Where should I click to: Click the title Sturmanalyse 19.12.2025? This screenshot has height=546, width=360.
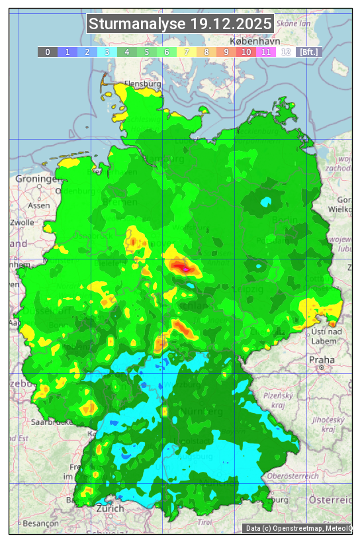pyautogui.click(x=180, y=24)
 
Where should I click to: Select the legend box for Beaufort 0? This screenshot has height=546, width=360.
pyautogui.click(x=48, y=52)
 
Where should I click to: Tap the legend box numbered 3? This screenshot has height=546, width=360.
pyautogui.click(x=107, y=52)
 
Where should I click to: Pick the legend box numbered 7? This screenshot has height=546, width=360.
pyautogui.click(x=187, y=52)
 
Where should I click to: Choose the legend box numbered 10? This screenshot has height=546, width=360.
pyautogui.click(x=246, y=52)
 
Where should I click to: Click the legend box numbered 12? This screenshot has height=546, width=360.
pyautogui.click(x=286, y=52)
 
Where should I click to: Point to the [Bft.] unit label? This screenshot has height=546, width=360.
pyautogui.click(x=308, y=52)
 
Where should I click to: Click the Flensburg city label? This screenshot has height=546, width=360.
pyautogui.click(x=143, y=84)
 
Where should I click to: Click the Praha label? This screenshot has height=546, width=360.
pyautogui.click(x=321, y=359)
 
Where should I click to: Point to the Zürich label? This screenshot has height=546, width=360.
pyautogui.click(x=110, y=508)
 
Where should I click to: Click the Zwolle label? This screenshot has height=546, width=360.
pyautogui.click(x=22, y=222)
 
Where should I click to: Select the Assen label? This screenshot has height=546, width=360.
pyautogui.click(x=39, y=205)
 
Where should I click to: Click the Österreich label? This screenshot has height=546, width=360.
pyautogui.click(x=332, y=498)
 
